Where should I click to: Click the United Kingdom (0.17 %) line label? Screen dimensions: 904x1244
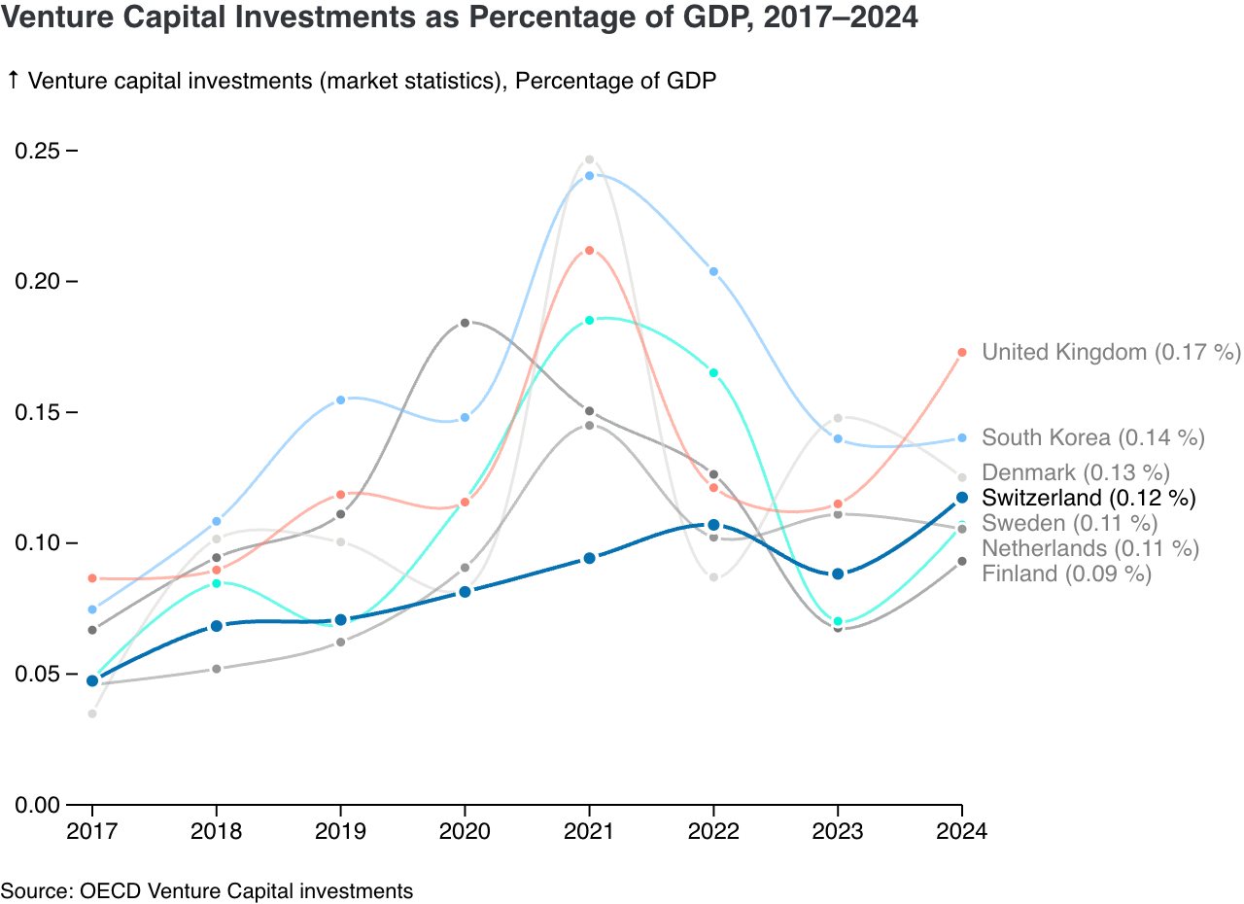coord(1111,352)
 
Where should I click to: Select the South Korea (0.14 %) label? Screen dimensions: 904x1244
coord(1093,437)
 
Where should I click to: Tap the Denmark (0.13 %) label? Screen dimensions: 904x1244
coord(1075,473)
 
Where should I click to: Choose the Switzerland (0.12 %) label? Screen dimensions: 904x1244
coord(1088,498)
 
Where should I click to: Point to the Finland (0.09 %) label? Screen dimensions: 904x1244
coord(1066,574)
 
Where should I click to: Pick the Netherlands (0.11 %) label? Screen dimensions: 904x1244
coord(1090,548)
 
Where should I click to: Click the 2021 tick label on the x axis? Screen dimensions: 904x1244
coord(589,832)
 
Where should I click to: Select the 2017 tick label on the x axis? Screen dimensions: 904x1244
coord(92,832)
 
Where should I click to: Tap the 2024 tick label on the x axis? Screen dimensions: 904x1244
coord(961,832)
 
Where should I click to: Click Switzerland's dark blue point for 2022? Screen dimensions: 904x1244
coord(713,525)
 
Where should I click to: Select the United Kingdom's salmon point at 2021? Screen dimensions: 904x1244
coord(589,251)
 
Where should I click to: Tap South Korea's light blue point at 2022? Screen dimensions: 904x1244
coord(713,272)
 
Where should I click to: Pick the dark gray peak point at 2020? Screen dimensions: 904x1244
coord(465,323)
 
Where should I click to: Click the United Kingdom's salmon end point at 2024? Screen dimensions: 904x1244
coord(962,352)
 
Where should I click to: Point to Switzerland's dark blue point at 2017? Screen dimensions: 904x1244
coord(92,680)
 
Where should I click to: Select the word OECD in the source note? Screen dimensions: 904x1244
coord(101,890)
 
